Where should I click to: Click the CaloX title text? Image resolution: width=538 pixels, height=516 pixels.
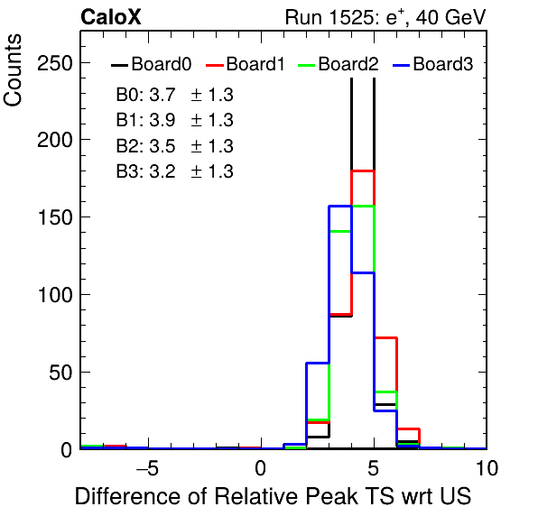click(111, 17)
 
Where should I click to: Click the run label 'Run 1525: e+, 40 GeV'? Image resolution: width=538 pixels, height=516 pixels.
click(385, 17)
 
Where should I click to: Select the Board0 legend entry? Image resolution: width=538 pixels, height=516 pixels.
click(152, 64)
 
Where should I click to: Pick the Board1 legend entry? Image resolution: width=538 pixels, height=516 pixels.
click(246, 64)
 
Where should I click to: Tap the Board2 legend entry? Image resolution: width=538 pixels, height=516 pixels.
click(338, 64)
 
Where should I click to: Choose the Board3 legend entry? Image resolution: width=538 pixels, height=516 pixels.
click(433, 64)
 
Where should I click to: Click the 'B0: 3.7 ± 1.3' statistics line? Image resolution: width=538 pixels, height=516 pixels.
click(174, 95)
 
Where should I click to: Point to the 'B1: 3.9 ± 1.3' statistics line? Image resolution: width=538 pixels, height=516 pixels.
click(174, 120)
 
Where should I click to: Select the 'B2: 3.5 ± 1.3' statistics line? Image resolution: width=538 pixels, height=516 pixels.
click(174, 146)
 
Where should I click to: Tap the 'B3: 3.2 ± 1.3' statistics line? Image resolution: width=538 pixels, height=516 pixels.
click(174, 171)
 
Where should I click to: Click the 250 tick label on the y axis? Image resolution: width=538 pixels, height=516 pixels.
click(55, 63)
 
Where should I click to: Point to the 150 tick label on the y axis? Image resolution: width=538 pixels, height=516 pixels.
click(55, 217)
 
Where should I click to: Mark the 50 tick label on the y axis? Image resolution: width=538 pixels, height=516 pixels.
click(60, 373)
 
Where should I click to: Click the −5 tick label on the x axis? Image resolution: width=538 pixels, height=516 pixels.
click(148, 468)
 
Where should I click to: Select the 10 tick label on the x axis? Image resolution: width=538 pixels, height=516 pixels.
click(487, 468)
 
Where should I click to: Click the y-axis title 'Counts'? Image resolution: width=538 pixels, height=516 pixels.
click(13, 70)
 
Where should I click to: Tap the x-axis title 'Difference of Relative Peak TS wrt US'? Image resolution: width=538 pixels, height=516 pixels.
click(274, 496)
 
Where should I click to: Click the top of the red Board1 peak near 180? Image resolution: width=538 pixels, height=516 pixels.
click(363, 170)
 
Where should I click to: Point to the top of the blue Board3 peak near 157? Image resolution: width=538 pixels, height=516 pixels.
click(340, 206)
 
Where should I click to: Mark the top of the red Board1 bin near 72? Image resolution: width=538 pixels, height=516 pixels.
click(385, 337)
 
